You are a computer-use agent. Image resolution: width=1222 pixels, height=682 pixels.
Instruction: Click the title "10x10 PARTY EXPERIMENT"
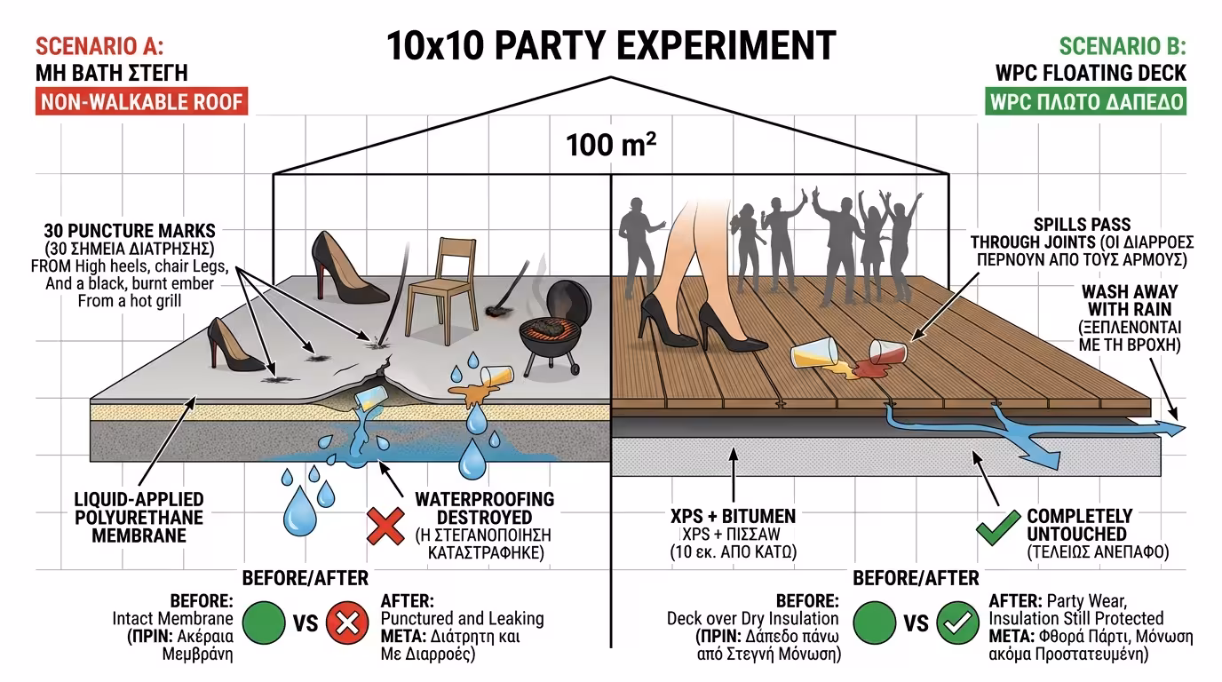(x=611, y=44)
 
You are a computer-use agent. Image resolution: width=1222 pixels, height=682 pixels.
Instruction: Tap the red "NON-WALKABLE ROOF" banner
(x=141, y=101)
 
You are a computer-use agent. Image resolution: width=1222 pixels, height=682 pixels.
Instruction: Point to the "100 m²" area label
(x=611, y=144)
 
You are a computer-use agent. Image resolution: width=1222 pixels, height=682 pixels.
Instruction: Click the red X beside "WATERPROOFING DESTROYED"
(x=385, y=526)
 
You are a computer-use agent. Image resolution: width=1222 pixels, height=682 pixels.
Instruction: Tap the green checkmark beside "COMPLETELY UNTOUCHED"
(x=997, y=527)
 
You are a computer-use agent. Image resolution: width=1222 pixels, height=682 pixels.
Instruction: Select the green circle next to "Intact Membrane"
(x=263, y=623)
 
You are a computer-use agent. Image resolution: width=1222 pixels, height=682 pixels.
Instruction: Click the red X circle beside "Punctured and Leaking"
(x=347, y=623)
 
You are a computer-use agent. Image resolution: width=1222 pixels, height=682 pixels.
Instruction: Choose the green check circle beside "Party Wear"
(x=957, y=623)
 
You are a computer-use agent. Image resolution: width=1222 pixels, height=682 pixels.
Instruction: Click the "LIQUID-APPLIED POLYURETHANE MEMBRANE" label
(x=138, y=517)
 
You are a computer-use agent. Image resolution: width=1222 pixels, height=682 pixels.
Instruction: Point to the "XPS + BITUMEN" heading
(x=733, y=516)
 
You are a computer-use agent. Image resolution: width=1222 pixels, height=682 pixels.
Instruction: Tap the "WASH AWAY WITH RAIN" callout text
(x=1129, y=300)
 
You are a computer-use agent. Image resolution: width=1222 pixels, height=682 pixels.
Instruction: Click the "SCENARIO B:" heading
(x=1123, y=47)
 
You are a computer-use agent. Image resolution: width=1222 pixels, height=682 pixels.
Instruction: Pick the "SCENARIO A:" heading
(x=99, y=47)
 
